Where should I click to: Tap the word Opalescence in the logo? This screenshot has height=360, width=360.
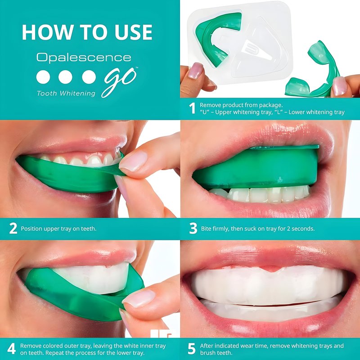[x=84, y=58]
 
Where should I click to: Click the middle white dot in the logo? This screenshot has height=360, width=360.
[x=65, y=77]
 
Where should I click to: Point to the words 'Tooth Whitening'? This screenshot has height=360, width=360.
[x=66, y=94]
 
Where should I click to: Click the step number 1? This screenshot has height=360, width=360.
[x=193, y=108]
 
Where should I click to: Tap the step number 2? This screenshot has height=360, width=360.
[x=13, y=229]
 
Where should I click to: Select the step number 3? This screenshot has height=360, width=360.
[x=193, y=229]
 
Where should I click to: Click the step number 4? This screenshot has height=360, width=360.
[x=12, y=349]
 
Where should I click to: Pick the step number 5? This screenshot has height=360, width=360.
[x=192, y=349]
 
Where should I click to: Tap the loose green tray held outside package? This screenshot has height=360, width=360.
[x=314, y=71]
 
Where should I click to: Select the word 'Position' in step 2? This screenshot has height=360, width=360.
[x=31, y=229]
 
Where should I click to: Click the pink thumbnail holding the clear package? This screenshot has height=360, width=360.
[x=196, y=70]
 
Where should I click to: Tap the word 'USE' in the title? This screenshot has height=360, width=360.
[x=134, y=32]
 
